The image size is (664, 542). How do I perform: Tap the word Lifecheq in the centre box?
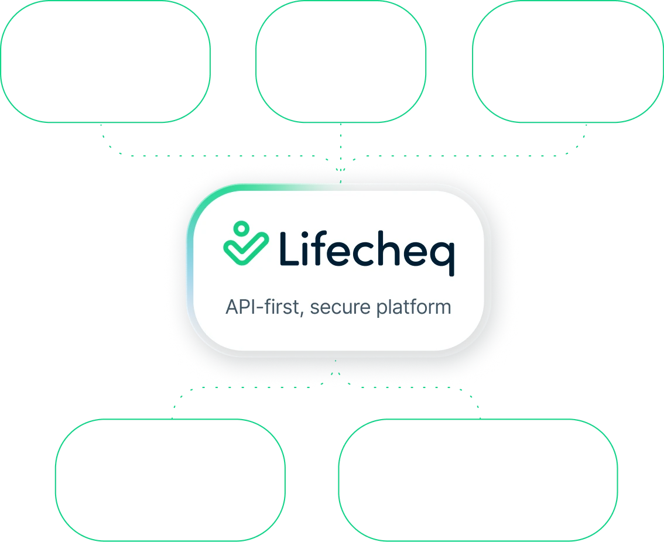[367, 248]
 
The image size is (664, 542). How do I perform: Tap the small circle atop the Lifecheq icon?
[240, 228]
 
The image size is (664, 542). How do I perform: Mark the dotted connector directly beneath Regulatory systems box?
[340, 143]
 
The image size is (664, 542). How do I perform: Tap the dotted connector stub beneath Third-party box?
[583, 139]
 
